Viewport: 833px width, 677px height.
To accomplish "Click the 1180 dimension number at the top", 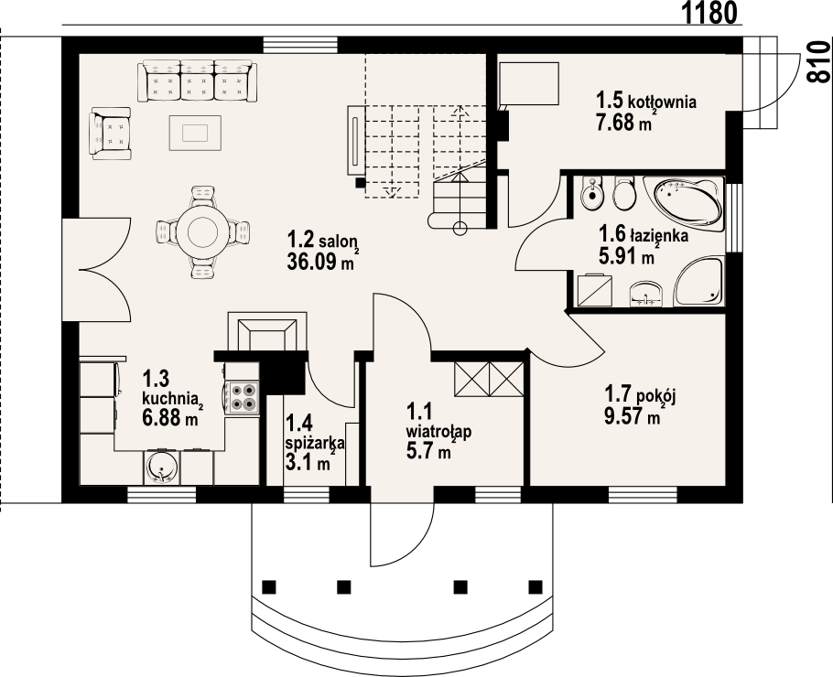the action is pyautogui.click(x=709, y=14).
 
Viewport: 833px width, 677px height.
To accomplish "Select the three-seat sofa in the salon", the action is pyautogui.click(x=197, y=81).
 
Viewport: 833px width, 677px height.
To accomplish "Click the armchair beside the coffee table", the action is pyautogui.click(x=111, y=133).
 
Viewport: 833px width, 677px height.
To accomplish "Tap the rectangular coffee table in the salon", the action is pyautogui.click(x=195, y=133).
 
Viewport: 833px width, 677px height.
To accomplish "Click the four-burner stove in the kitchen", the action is pyautogui.click(x=243, y=398).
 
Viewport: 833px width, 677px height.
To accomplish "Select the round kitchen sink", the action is pyautogui.click(x=161, y=467).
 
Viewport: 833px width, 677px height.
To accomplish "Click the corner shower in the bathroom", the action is pyautogui.click(x=698, y=282).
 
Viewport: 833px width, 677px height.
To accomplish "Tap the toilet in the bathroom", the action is pyautogui.click(x=624, y=193).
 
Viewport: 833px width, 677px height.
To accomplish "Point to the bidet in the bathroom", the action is pyautogui.click(x=591, y=193).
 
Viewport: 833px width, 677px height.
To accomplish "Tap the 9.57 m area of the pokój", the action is pyautogui.click(x=633, y=415).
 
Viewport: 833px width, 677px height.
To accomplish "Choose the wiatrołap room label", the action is pyautogui.click(x=438, y=431).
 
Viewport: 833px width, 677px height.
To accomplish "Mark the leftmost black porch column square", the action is pyautogui.click(x=269, y=586).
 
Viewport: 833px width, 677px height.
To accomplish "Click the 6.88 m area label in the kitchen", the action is pyautogui.click(x=170, y=417).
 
